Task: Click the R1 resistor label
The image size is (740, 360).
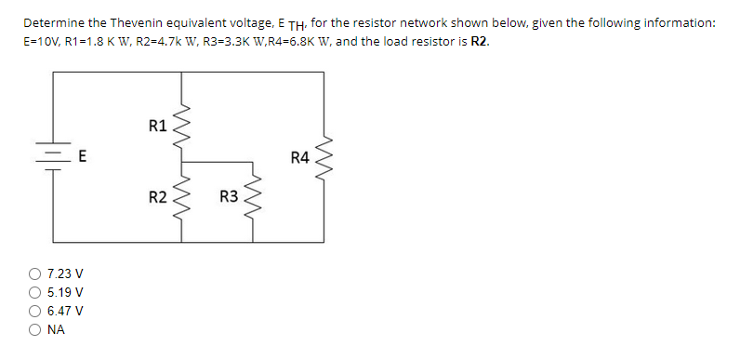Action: click(157, 125)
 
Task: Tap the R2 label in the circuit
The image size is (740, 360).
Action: click(157, 197)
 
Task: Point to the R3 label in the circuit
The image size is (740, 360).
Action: click(229, 197)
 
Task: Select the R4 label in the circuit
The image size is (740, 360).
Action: click(299, 158)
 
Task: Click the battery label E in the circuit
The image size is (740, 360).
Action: click(82, 157)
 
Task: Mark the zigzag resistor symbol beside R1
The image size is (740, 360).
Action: click(183, 125)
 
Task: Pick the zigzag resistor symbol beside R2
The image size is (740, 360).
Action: click(183, 197)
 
